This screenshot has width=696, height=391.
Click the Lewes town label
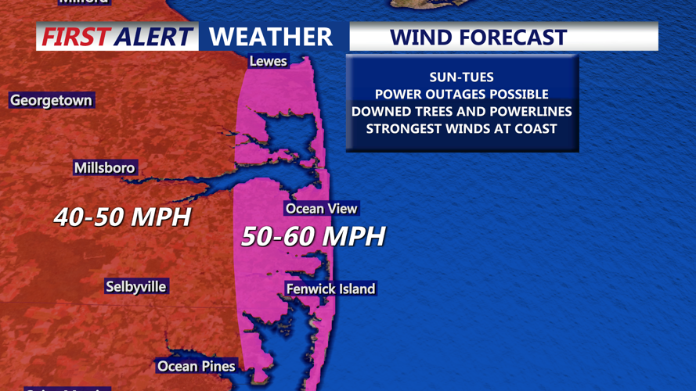click(x=268, y=61)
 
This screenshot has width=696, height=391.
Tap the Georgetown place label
click(x=51, y=100)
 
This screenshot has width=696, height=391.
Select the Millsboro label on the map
click(x=104, y=167)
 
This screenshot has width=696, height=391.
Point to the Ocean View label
click(x=321, y=208)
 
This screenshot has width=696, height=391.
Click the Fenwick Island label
click(x=330, y=289)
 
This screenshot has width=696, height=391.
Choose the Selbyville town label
click(x=135, y=286)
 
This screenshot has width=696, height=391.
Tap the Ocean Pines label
click(x=196, y=365)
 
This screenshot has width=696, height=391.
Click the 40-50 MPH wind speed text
click(x=122, y=217)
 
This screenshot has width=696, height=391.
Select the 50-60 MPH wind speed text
click(x=313, y=236)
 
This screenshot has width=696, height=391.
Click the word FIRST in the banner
click(x=74, y=37)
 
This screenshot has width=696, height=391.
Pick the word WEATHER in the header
click(x=271, y=37)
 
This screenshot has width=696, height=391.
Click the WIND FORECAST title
click(x=478, y=37)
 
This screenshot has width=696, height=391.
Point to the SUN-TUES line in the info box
click(x=461, y=77)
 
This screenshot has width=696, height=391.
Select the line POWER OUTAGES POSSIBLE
click(x=461, y=94)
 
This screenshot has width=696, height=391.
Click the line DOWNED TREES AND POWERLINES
click(x=461, y=111)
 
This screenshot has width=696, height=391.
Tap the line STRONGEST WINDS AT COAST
click(x=461, y=128)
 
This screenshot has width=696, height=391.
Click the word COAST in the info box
click(x=536, y=128)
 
